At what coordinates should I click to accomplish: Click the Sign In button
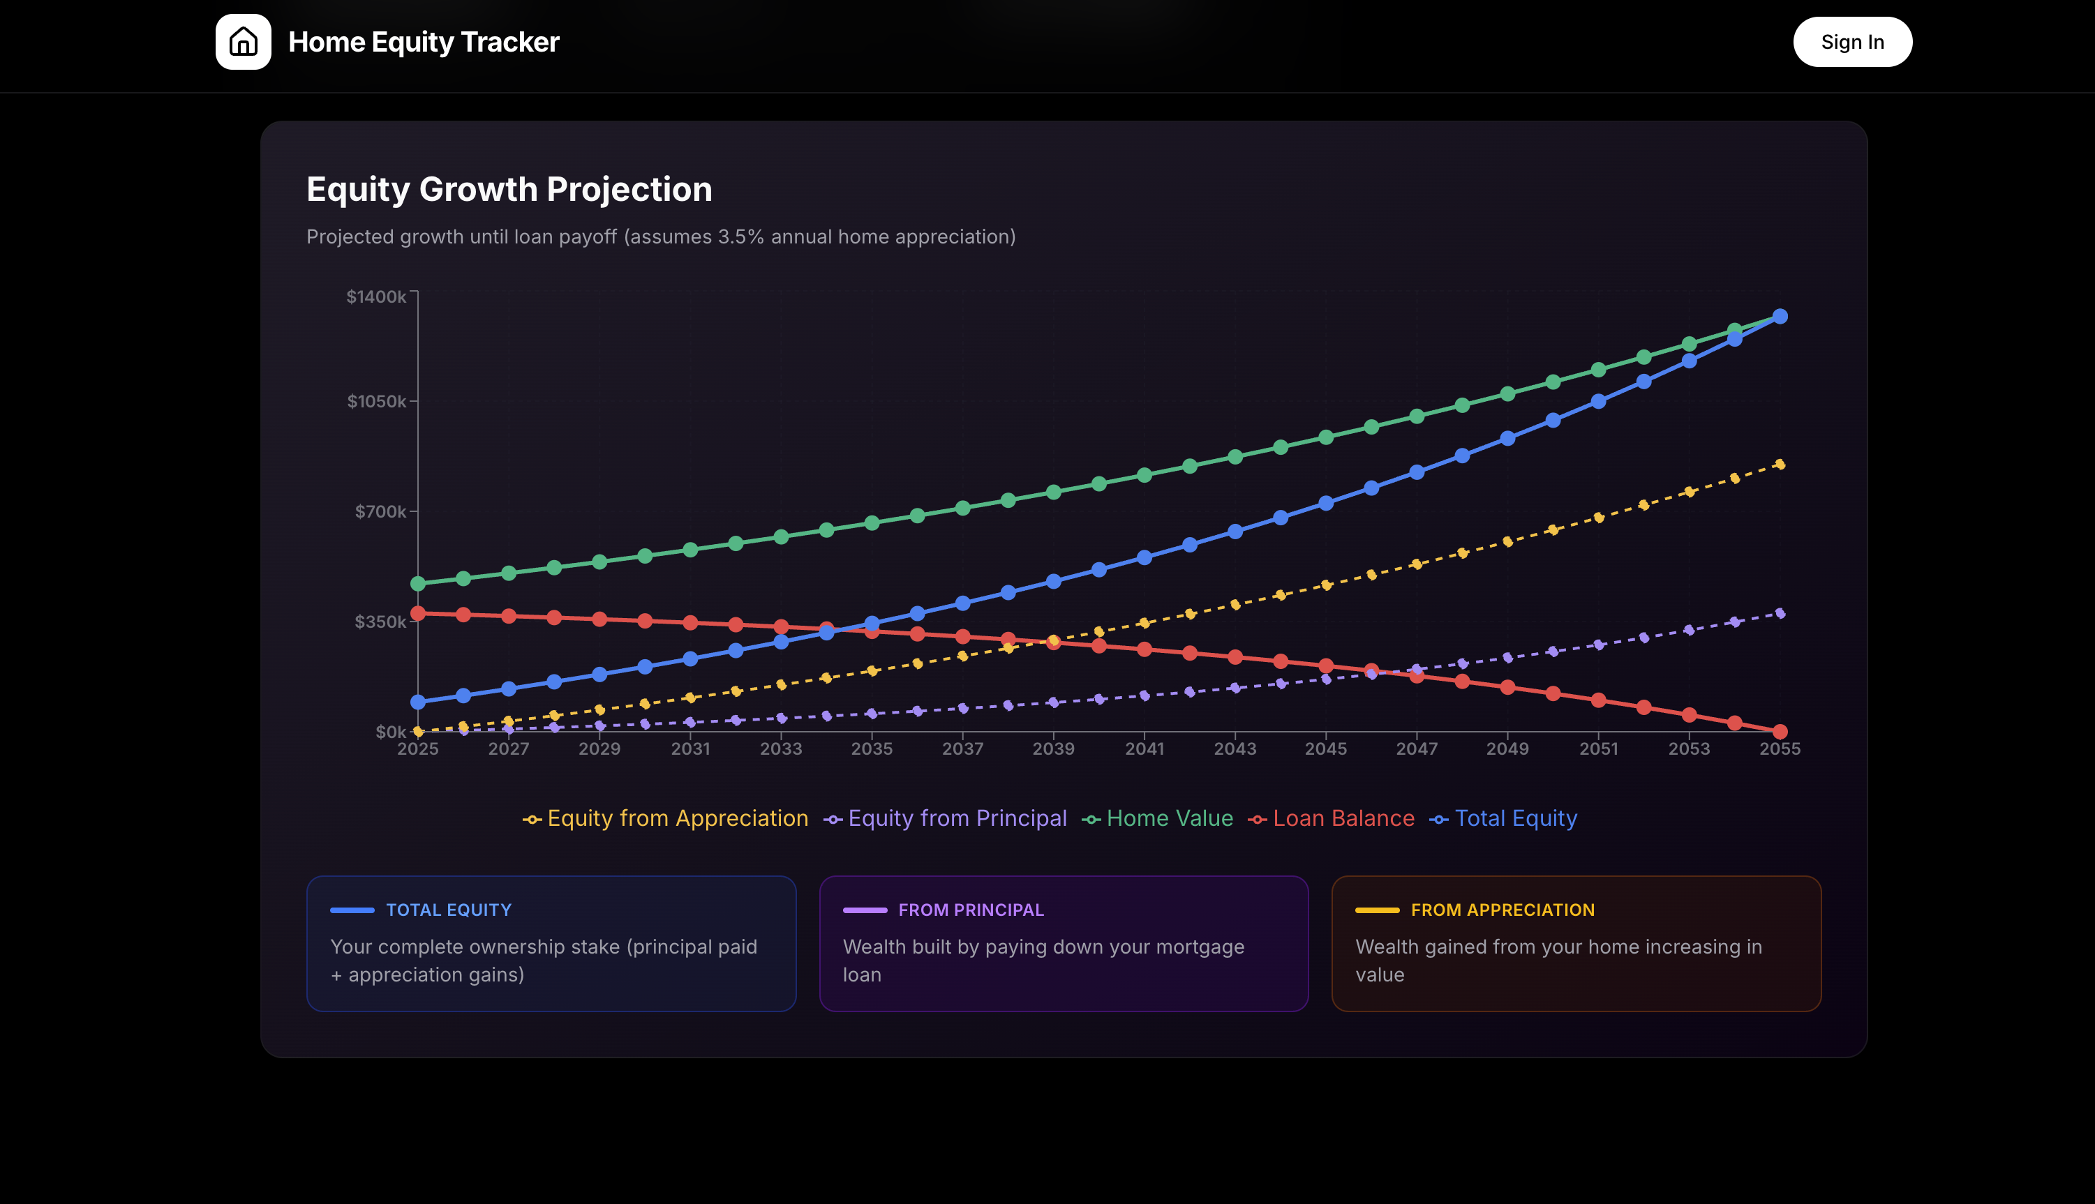click(x=1852, y=42)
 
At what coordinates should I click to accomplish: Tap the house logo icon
click(x=243, y=42)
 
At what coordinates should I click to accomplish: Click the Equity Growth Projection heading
click(x=509, y=189)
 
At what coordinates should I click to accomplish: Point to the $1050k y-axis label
click(x=376, y=402)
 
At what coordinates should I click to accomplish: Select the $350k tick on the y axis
click(x=380, y=622)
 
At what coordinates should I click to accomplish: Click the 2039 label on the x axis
click(x=1053, y=749)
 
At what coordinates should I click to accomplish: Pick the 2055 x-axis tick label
click(x=1779, y=749)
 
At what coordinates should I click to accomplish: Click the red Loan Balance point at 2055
click(x=1780, y=732)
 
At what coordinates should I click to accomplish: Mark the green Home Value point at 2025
click(x=418, y=584)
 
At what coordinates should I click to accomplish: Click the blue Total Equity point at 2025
click(x=418, y=702)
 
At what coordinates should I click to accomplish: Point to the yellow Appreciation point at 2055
click(x=1780, y=465)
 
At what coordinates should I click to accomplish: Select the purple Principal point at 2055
click(x=1780, y=614)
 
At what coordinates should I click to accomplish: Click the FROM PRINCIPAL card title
click(x=971, y=910)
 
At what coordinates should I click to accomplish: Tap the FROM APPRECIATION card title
click(x=1502, y=910)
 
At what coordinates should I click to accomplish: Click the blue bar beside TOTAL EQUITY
click(x=352, y=910)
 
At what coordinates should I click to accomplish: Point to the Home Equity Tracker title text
click(x=424, y=42)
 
